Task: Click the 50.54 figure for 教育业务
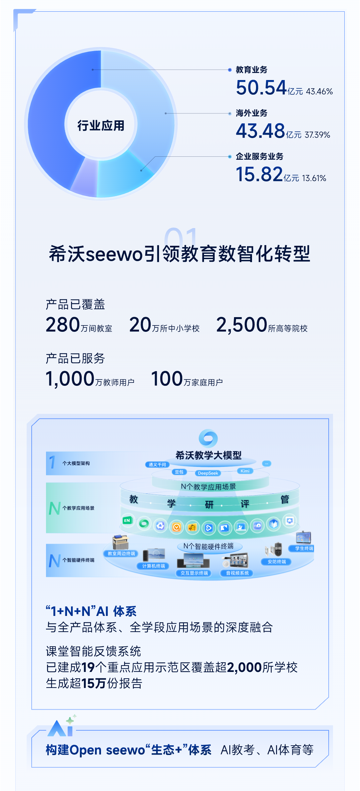261,88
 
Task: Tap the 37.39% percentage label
317,135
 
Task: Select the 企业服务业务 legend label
259,156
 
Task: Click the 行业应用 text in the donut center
101,126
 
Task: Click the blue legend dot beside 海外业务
230,113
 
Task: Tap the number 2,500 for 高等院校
242,325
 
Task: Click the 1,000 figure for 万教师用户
70,379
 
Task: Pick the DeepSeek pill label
208,473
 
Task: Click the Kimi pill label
245,471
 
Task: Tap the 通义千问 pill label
157,465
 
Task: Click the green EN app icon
127,520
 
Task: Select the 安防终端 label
277,562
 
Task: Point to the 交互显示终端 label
194,573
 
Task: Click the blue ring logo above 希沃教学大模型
208,438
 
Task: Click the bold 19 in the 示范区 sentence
88,668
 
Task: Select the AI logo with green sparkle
62,727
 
